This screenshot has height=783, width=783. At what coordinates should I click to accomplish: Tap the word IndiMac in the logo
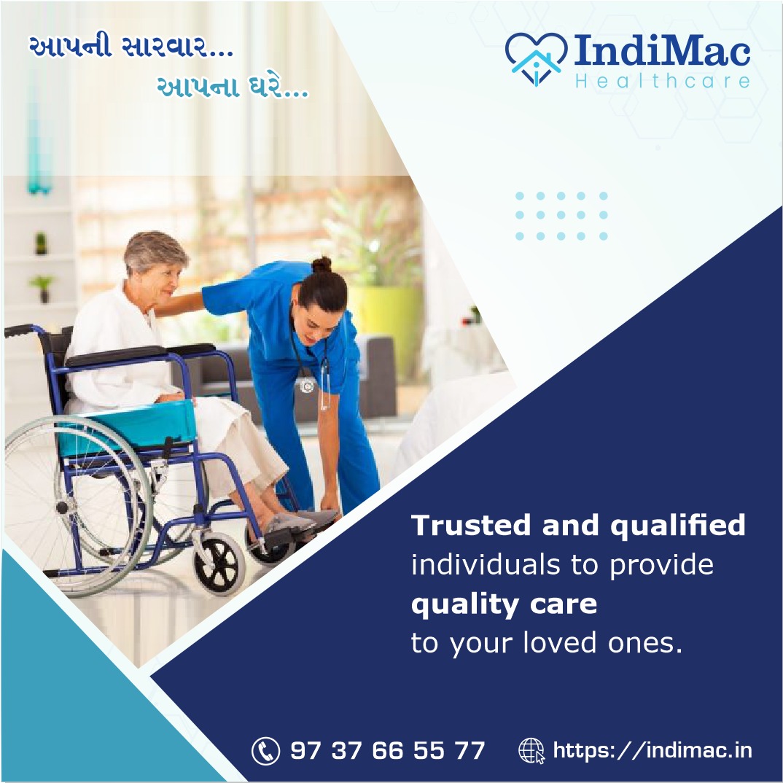[662, 50]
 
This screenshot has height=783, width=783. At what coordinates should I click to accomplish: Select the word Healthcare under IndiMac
[663, 80]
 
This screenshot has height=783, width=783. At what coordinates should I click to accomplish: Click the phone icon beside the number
[265, 751]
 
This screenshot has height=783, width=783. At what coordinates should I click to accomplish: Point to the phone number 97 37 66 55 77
[388, 751]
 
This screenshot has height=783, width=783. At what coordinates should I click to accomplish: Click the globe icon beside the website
[531, 751]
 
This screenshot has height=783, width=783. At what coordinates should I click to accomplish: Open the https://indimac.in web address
[652, 750]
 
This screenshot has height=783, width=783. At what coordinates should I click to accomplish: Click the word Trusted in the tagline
[471, 525]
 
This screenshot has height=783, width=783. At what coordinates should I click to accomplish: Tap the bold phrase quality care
[504, 604]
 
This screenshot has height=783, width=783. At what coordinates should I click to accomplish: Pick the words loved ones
[603, 642]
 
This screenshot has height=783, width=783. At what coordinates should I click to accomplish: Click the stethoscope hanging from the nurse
[310, 365]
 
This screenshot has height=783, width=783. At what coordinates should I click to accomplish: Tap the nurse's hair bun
[322, 265]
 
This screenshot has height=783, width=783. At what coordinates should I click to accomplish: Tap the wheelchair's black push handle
[19, 330]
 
